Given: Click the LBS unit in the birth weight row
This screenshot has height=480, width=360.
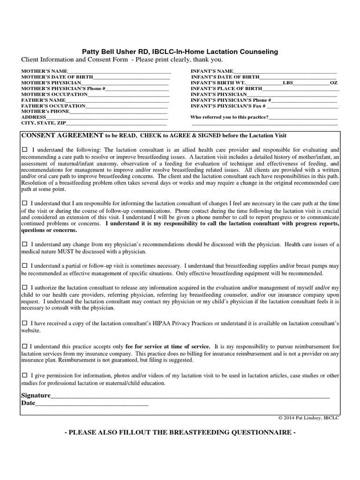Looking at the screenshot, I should (287, 83).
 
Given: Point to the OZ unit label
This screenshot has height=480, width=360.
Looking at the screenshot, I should (333, 83).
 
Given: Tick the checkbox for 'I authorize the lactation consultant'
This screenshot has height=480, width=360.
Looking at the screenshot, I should (25, 287).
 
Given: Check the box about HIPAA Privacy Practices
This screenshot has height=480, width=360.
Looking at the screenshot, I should (25, 323).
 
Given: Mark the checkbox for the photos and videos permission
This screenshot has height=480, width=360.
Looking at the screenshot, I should (25, 376).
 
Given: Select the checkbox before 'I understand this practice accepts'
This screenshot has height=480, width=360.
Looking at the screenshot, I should (25, 346).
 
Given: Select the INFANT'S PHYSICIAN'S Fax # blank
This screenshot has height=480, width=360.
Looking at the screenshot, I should (305, 106).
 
